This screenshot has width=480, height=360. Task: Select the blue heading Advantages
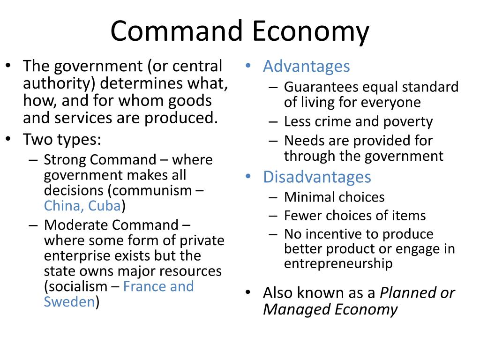pyautogui.click(x=307, y=67)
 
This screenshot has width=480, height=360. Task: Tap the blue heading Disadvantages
pyautogui.click(x=317, y=177)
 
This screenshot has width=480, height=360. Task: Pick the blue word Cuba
pyautogui.click(x=105, y=206)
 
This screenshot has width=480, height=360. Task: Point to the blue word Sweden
pyautogui.click(x=69, y=301)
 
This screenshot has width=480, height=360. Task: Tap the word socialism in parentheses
pyautogui.click(x=78, y=286)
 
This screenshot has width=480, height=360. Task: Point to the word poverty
pyautogui.click(x=408, y=122)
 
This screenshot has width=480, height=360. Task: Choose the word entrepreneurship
pyautogui.click(x=338, y=263)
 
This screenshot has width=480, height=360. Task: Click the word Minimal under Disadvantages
pyautogui.click(x=307, y=197)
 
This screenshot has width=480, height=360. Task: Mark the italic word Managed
pyautogui.click(x=296, y=309)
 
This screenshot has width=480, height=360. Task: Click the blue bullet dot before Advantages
pyautogui.click(x=248, y=65)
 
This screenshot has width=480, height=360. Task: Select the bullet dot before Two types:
pyautogui.click(x=8, y=139)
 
